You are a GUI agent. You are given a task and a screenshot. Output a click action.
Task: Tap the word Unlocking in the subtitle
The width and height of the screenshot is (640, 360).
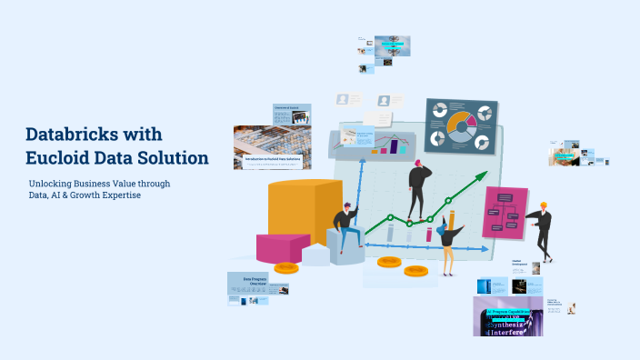click(x=53, y=184)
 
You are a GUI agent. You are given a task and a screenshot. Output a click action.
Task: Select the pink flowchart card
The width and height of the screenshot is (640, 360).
click(x=505, y=213)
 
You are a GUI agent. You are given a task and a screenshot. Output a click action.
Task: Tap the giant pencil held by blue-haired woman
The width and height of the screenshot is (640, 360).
click(x=452, y=223)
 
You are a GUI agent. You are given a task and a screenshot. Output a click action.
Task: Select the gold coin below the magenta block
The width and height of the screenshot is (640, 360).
click(x=286, y=267)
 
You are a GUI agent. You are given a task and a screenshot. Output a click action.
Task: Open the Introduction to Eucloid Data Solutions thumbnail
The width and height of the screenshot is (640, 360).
click(x=273, y=147)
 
